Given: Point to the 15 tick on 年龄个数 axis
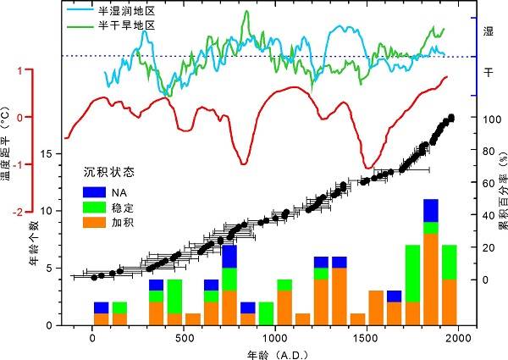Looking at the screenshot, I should (52, 153).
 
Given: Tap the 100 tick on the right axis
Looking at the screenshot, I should (487, 119).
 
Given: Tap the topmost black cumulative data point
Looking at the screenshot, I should (451, 118).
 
